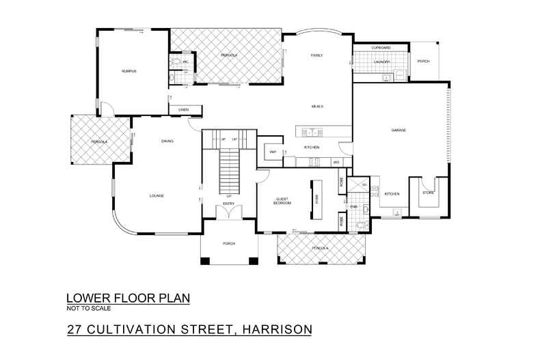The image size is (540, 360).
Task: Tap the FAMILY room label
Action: click(x=316, y=55)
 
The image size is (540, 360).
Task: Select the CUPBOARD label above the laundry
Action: click(x=380, y=48)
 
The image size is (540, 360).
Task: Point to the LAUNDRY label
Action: click(x=381, y=63)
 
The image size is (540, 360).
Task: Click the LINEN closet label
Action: click(x=183, y=110)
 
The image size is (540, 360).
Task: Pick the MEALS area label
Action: click(x=317, y=107)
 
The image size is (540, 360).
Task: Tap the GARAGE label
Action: click(x=399, y=130)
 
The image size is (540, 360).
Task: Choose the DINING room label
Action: click(x=167, y=141)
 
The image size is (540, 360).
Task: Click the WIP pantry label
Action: click(x=272, y=152)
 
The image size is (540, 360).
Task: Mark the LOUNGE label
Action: click(x=157, y=196)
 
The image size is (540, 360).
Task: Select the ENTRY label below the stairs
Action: click(x=228, y=203)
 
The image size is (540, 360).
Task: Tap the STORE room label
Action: click(x=428, y=193)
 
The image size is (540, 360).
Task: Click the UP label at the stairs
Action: click(x=228, y=197)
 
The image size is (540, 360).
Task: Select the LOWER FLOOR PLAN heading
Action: click(x=127, y=299)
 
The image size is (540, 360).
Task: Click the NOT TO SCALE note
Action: click(x=85, y=309)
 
